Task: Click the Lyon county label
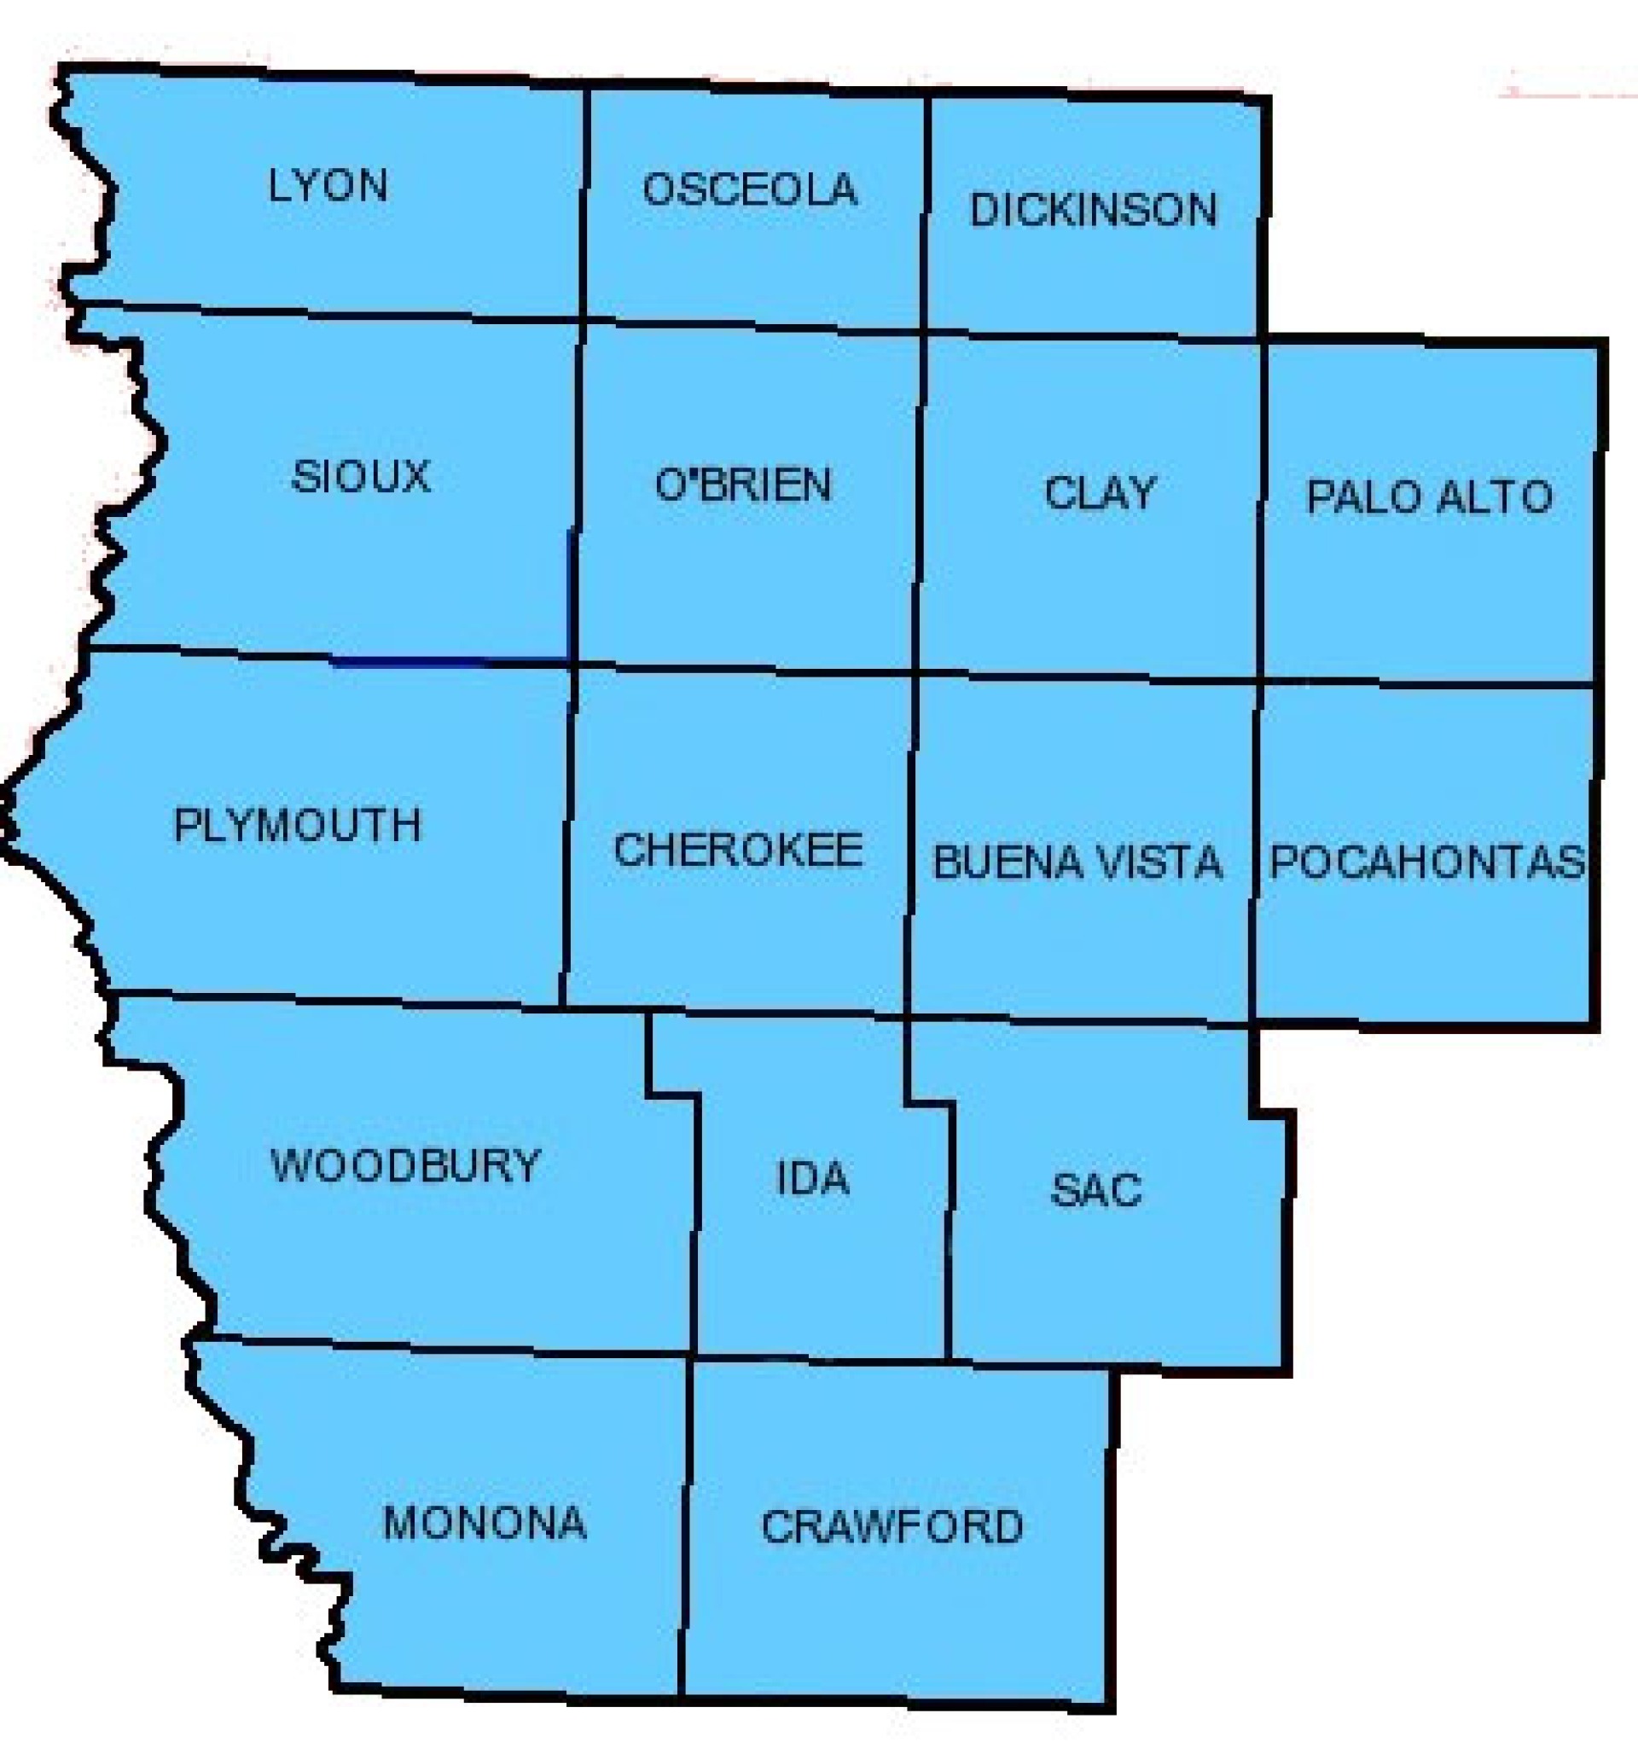tap(327, 187)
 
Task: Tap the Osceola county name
tap(749, 190)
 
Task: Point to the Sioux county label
tap(361, 478)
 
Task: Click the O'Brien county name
tap(743, 485)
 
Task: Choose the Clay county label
tap(1099, 493)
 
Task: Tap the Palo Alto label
tap(1429, 497)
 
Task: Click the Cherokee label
tap(738, 851)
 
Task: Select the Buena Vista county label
tap(1077, 862)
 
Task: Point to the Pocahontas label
tap(1426, 862)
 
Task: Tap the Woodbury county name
tap(404, 1167)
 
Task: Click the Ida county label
tap(813, 1180)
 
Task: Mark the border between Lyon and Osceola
tap(584, 202)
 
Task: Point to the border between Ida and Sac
tap(950, 1231)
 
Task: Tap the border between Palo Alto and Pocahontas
tap(1429, 683)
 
